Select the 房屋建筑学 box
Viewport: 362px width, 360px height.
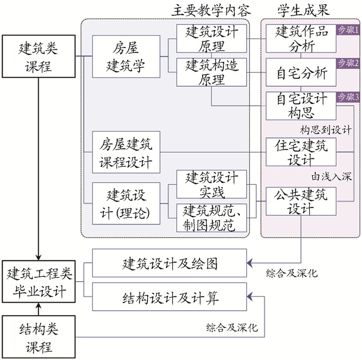click(x=126, y=56)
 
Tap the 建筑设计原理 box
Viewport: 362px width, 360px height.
click(x=212, y=38)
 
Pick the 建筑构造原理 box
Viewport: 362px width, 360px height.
click(x=212, y=72)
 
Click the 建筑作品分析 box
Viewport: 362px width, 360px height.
click(x=301, y=38)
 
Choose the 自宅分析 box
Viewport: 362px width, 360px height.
click(x=301, y=74)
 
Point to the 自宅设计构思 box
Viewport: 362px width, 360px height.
click(x=301, y=105)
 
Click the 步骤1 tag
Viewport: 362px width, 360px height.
click(x=348, y=29)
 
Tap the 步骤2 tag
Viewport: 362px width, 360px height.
click(x=348, y=63)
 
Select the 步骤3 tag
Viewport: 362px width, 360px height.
click(x=348, y=97)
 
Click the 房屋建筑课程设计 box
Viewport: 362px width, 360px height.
click(x=126, y=152)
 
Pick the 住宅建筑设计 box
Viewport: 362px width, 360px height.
click(x=301, y=152)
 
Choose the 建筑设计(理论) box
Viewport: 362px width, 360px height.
click(x=126, y=203)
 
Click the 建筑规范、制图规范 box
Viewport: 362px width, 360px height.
click(x=212, y=217)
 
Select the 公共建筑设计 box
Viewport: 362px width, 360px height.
click(x=301, y=202)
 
